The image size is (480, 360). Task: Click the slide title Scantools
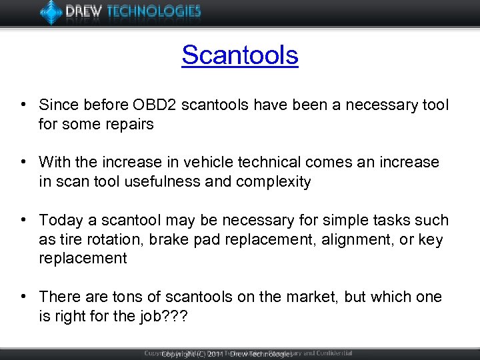click(x=240, y=55)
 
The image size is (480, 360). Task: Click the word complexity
click(x=275, y=182)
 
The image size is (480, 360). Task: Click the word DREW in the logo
click(x=84, y=11)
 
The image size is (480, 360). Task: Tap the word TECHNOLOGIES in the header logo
click(x=155, y=11)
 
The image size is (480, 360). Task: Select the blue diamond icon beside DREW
click(x=51, y=11)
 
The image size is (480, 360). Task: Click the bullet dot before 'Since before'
click(x=23, y=105)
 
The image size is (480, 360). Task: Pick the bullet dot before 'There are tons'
click(x=23, y=297)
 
